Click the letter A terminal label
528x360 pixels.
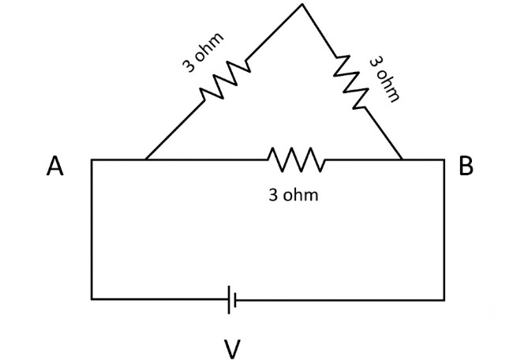(x=54, y=166)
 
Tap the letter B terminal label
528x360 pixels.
(x=466, y=165)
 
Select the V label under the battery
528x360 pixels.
(x=232, y=349)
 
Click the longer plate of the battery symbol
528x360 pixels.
(x=229, y=299)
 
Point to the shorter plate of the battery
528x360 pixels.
(x=235, y=299)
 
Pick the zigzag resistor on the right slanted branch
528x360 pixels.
(x=350, y=82)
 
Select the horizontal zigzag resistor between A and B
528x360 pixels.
(x=297, y=159)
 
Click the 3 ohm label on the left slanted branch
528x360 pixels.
(x=203, y=52)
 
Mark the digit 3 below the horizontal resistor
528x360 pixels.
(x=273, y=195)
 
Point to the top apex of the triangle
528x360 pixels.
(x=302, y=4)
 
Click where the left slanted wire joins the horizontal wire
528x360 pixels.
(x=146, y=159)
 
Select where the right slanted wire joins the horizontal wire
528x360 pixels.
(x=402, y=159)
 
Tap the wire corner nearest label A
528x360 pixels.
(x=92, y=159)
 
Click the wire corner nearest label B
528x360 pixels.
(x=444, y=159)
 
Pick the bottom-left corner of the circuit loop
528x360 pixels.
(x=92, y=298)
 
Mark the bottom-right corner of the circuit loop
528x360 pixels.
(x=444, y=299)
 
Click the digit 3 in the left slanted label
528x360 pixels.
(x=189, y=66)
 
